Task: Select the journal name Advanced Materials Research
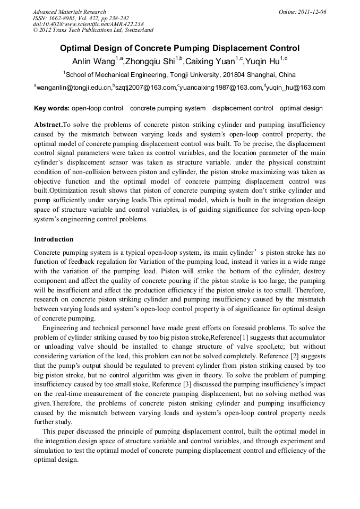pyautogui.click(x=69, y=12)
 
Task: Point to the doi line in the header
pyautogui.click(x=88, y=24)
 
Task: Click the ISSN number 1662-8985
pyautogui.click(x=58, y=18)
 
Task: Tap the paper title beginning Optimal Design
pyautogui.click(x=179, y=48)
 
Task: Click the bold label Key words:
pyautogui.click(x=52, y=108)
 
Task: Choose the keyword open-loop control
pyautogui.click(x=97, y=108)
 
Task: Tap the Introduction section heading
pyautogui.click(x=54, y=239)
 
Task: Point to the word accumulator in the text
pyautogui.click(x=306, y=338)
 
